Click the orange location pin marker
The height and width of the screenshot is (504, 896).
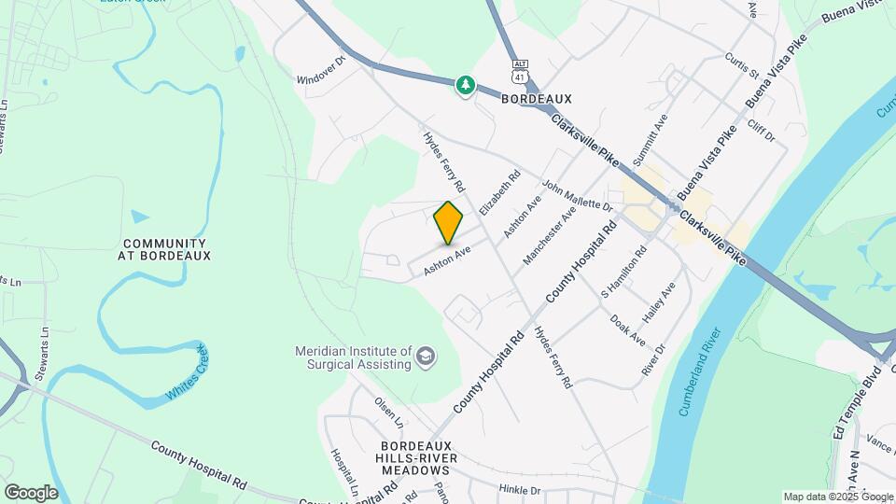click(x=449, y=222)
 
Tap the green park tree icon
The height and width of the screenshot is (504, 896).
click(x=465, y=86)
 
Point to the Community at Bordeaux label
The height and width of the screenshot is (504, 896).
click(x=167, y=248)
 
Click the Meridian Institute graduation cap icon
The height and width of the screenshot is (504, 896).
click(x=427, y=357)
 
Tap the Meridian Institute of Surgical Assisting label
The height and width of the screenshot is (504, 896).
click(x=354, y=357)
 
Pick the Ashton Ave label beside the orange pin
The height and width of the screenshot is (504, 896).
click(x=446, y=260)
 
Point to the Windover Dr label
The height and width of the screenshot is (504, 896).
click(x=321, y=71)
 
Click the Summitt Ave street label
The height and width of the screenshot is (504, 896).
click(x=651, y=140)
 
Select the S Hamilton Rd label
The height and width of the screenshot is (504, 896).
click(x=624, y=272)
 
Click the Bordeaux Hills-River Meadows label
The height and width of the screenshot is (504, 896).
click(x=416, y=458)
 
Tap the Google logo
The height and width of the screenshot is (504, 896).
click(x=31, y=492)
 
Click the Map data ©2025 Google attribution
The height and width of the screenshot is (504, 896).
click(x=836, y=497)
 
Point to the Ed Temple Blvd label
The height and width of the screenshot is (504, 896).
click(x=846, y=407)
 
